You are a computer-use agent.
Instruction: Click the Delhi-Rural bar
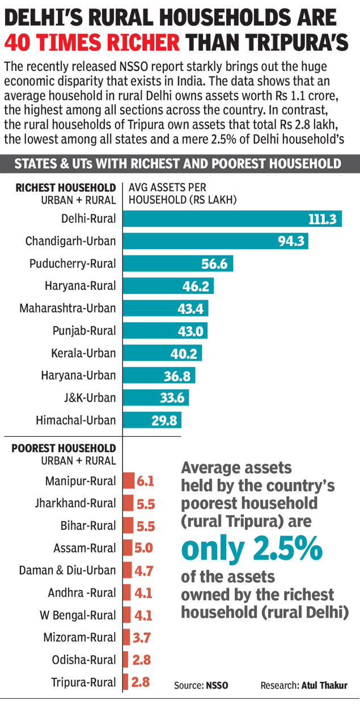(232, 219)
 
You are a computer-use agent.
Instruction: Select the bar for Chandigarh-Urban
(215, 241)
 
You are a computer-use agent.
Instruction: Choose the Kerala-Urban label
(83, 353)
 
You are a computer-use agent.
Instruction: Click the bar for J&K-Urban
(156, 398)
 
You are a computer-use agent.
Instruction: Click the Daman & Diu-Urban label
(67, 571)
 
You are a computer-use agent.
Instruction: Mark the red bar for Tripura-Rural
(126, 682)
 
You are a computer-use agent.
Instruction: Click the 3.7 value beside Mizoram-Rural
(141, 638)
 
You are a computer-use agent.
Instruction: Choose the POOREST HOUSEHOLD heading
(63, 448)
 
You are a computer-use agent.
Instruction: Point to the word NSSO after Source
(217, 685)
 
